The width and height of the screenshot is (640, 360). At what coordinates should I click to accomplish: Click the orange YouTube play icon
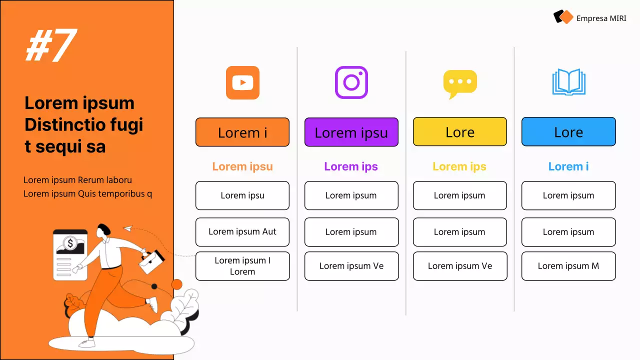pyautogui.click(x=242, y=82)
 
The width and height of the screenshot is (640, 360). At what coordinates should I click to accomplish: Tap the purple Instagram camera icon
pyautogui.click(x=351, y=82)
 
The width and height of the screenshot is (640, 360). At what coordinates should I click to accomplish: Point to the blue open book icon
pyautogui.click(x=568, y=82)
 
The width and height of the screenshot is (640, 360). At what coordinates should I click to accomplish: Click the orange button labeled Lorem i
pyautogui.click(x=242, y=132)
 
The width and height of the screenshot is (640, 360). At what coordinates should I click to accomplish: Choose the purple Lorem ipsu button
pyautogui.click(x=351, y=132)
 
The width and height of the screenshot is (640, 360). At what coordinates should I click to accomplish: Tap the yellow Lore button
pyautogui.click(x=460, y=132)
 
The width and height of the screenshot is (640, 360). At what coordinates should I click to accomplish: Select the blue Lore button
pyautogui.click(x=568, y=132)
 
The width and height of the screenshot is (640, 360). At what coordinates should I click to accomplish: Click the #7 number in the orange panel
pyautogui.click(x=51, y=45)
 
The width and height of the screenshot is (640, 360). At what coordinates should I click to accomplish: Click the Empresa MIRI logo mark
pyautogui.click(x=563, y=17)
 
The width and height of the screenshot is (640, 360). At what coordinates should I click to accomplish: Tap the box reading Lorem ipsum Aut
pyautogui.click(x=242, y=232)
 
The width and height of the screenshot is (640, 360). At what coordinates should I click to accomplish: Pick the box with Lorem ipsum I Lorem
pyautogui.click(x=242, y=266)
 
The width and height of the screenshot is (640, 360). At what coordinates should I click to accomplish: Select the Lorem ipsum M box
pyautogui.click(x=568, y=266)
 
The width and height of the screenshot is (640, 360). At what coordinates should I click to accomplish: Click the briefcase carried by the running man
pyautogui.click(x=151, y=261)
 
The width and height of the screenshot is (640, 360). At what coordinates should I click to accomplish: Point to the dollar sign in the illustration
pyautogui.click(x=70, y=243)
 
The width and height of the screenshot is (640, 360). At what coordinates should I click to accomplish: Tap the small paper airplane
pyautogui.click(x=128, y=228)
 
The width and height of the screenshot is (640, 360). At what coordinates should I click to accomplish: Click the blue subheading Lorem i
pyautogui.click(x=568, y=166)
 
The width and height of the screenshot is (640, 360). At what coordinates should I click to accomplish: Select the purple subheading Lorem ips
pyautogui.click(x=351, y=166)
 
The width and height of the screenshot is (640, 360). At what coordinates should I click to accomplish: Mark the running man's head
pyautogui.click(x=104, y=230)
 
